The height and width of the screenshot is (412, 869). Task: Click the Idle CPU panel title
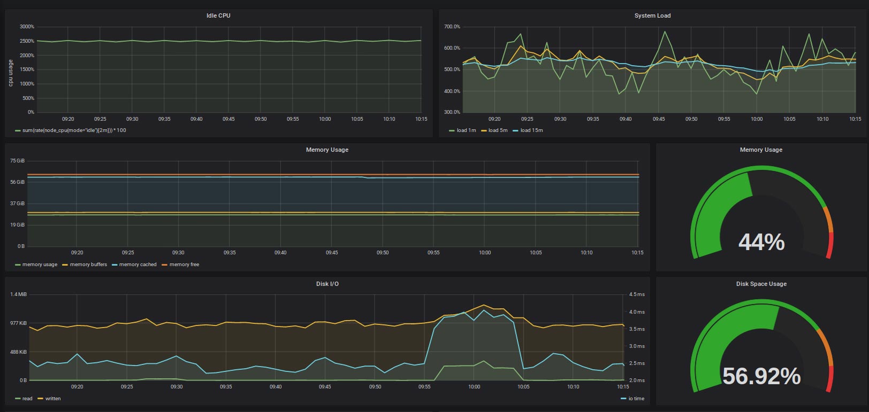click(218, 15)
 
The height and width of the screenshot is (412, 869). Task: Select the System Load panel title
click(652, 15)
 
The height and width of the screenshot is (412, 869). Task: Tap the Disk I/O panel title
click(327, 284)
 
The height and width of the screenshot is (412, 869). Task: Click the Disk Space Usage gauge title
click(761, 284)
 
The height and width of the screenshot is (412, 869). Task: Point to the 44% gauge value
click(761, 242)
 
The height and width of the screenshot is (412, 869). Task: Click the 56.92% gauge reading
click(761, 376)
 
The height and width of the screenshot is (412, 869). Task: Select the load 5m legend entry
click(494, 130)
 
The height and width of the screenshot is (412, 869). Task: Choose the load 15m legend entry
click(528, 130)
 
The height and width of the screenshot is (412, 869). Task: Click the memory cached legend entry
click(134, 265)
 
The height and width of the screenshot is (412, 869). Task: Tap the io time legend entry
click(632, 399)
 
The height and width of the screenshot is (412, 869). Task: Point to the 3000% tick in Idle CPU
click(27, 27)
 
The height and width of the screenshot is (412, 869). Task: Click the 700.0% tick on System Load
click(452, 27)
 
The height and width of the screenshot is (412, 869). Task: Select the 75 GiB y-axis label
click(18, 161)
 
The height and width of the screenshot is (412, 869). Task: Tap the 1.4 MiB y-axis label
click(19, 294)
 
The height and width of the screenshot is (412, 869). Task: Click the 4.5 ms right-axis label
click(637, 294)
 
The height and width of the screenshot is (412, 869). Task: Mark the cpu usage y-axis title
click(11, 73)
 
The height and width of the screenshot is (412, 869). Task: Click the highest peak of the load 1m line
click(665, 32)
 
